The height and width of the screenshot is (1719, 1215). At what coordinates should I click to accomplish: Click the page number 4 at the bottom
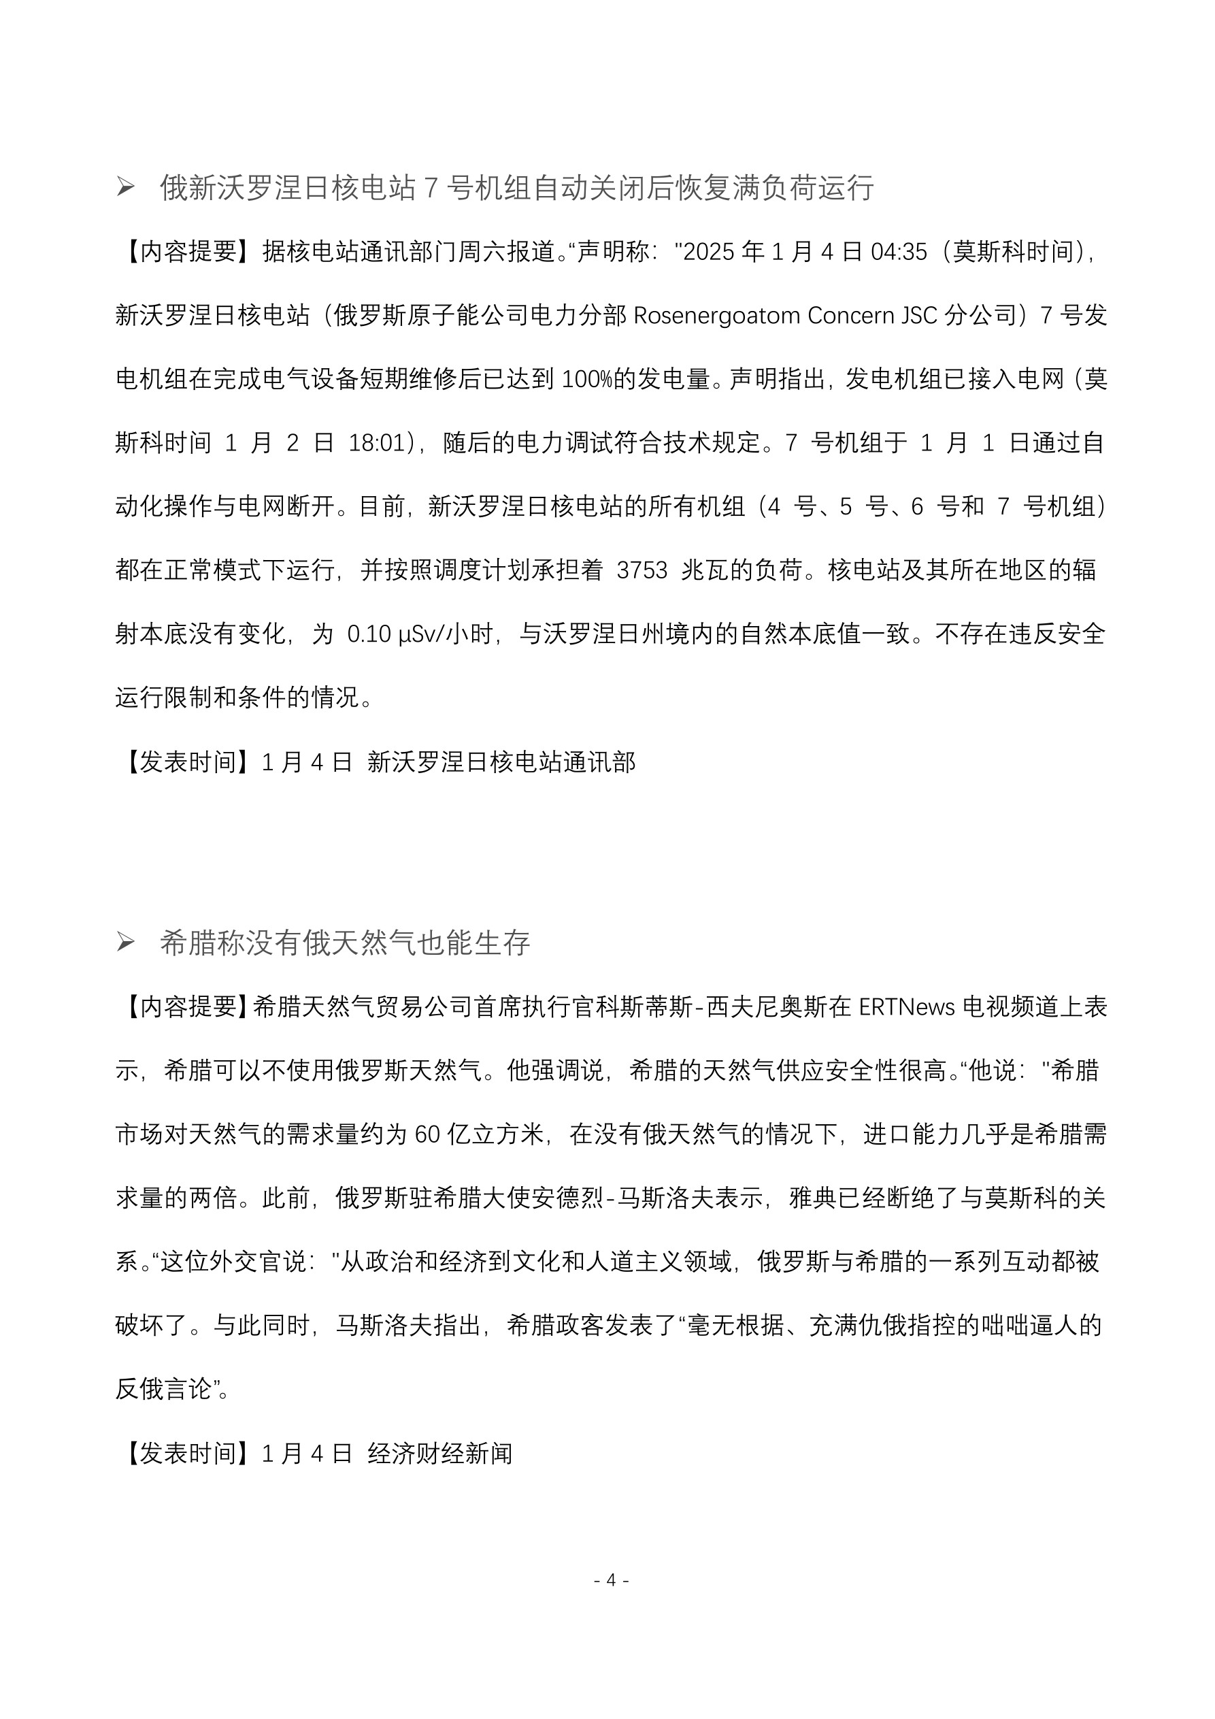[x=611, y=1579]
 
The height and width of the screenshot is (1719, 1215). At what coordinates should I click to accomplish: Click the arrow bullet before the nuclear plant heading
[x=125, y=187]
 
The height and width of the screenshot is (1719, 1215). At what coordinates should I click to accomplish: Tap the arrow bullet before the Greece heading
[x=125, y=943]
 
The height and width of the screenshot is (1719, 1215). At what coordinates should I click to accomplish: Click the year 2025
[x=709, y=252]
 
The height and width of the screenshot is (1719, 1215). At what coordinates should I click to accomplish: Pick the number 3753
[x=642, y=570]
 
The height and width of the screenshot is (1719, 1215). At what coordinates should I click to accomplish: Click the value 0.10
[x=370, y=635]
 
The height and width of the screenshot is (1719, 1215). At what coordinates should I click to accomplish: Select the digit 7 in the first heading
[x=431, y=188]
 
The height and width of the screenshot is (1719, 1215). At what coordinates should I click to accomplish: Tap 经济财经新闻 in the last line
[x=439, y=1454]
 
